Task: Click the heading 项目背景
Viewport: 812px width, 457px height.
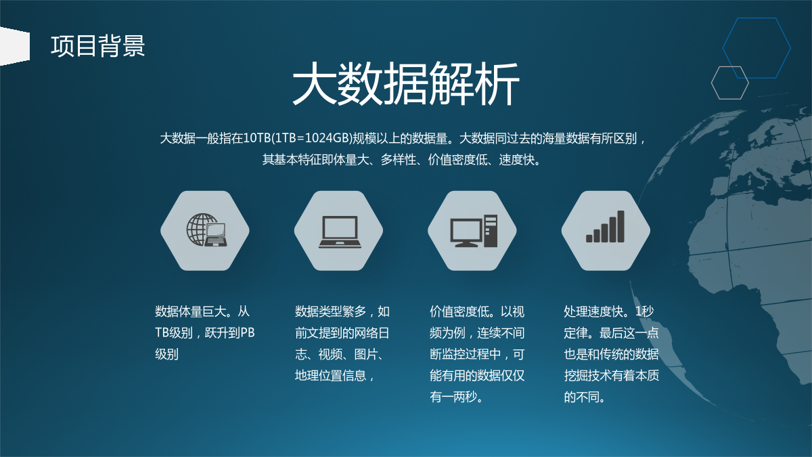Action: tap(98, 46)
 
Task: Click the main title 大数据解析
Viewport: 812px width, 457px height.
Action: tap(405, 83)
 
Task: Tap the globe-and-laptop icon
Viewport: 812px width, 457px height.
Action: tap(206, 230)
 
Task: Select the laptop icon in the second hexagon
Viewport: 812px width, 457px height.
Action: tap(340, 232)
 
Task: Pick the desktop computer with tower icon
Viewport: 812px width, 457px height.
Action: tap(474, 231)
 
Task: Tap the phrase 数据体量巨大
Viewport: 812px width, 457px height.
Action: tap(191, 311)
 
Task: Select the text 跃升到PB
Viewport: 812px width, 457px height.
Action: tap(229, 333)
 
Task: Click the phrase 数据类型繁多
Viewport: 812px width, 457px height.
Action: tap(330, 311)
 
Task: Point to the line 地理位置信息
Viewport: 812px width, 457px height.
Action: tap(330, 376)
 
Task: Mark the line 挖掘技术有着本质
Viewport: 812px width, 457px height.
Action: tap(611, 376)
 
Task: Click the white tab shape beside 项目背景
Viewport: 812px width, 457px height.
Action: tap(14, 46)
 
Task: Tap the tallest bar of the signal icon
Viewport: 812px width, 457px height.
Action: tap(621, 226)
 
